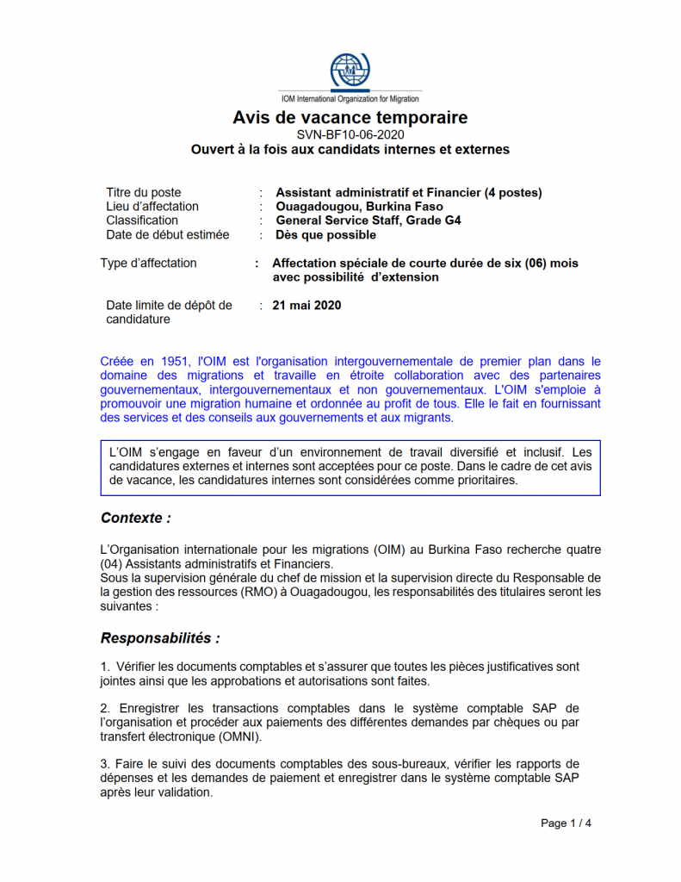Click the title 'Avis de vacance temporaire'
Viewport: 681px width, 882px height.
[x=350, y=118]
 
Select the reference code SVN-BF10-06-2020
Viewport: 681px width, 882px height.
[x=350, y=134]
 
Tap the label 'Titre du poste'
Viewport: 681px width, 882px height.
[x=143, y=193]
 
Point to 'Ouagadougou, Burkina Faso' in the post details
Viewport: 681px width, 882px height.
[x=359, y=207]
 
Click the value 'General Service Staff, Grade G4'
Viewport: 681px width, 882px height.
[x=368, y=220]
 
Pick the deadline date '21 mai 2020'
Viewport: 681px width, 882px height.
[x=306, y=305]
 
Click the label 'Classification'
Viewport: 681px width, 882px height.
[x=142, y=220]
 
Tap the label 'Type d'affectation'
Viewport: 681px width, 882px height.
[x=148, y=264]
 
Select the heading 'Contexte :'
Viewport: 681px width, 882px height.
[x=135, y=518]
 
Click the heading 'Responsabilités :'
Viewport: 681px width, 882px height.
[x=160, y=638]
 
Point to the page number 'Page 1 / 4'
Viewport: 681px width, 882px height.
[x=566, y=823]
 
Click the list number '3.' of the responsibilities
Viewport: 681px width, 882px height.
[x=105, y=764]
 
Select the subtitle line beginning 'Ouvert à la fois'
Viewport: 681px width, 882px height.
[x=350, y=150]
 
